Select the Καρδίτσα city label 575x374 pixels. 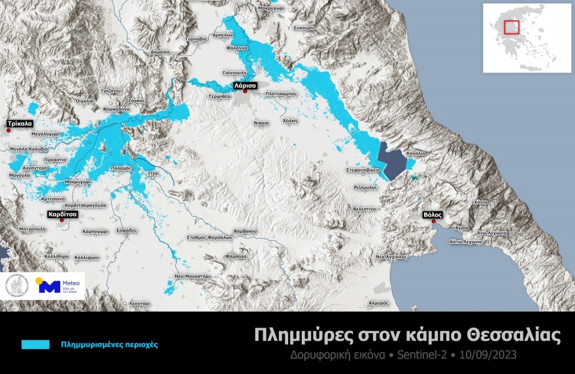(62, 213)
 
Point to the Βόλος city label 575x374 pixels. (433, 213)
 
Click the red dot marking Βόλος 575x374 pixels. (433, 221)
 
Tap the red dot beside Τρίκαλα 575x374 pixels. (8, 130)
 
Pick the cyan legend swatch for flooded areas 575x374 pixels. (35, 344)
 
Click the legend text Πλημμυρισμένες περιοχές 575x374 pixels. (109, 344)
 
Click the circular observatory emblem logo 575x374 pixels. (16, 285)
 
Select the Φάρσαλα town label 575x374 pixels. (235, 257)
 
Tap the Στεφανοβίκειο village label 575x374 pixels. (363, 170)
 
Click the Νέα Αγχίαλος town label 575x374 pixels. (392, 258)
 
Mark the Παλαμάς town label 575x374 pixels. (122, 168)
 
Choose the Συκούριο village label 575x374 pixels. (304, 28)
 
